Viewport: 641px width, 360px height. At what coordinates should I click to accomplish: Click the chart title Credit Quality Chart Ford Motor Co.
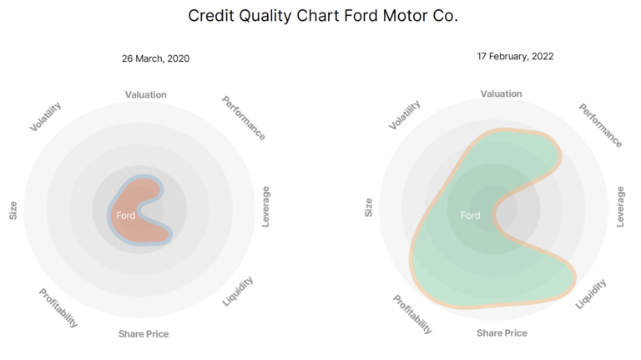(x=323, y=17)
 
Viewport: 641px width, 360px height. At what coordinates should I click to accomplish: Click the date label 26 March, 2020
(x=157, y=58)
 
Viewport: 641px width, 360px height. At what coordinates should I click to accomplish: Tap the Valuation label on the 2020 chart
(x=146, y=94)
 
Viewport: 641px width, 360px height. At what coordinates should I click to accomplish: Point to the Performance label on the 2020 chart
(x=244, y=117)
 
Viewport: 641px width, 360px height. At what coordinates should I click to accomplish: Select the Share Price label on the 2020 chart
(x=144, y=334)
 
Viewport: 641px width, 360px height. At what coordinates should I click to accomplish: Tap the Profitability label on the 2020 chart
(x=58, y=307)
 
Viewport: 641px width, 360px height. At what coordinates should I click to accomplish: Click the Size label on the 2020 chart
(x=13, y=210)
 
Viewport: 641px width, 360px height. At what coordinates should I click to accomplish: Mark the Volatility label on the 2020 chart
(x=45, y=116)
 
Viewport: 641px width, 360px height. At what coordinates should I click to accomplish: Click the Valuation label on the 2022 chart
(x=502, y=94)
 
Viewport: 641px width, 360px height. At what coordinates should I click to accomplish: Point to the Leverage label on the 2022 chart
(x=620, y=206)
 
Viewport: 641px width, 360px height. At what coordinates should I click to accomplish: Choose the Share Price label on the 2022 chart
(x=502, y=333)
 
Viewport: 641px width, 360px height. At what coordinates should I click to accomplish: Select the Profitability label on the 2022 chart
(x=413, y=314)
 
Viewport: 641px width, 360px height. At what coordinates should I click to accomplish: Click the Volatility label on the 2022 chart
(x=404, y=114)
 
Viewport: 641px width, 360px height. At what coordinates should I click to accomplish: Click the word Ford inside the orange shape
(x=126, y=215)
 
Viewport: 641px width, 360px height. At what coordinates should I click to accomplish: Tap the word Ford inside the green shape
(x=471, y=215)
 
